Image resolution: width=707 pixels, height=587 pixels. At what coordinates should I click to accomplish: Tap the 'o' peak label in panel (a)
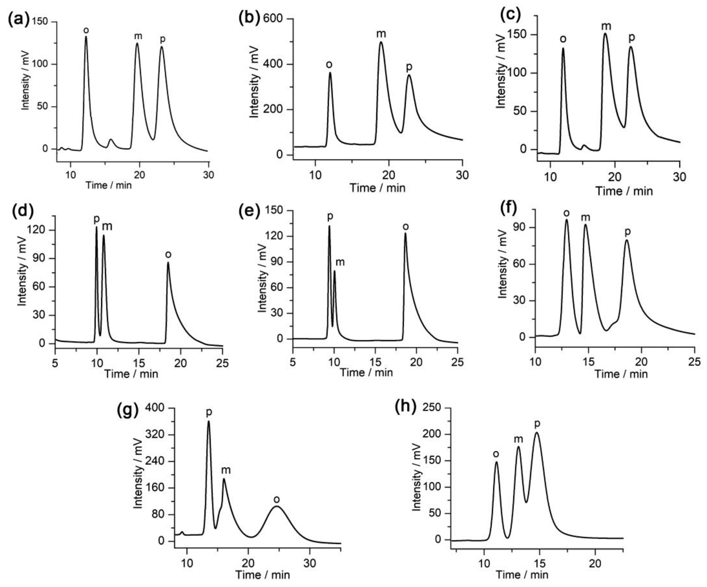point(86,30)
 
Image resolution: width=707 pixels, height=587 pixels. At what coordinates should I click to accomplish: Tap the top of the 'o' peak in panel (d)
point(168,263)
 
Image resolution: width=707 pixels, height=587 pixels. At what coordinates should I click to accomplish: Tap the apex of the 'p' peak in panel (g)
point(208,422)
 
